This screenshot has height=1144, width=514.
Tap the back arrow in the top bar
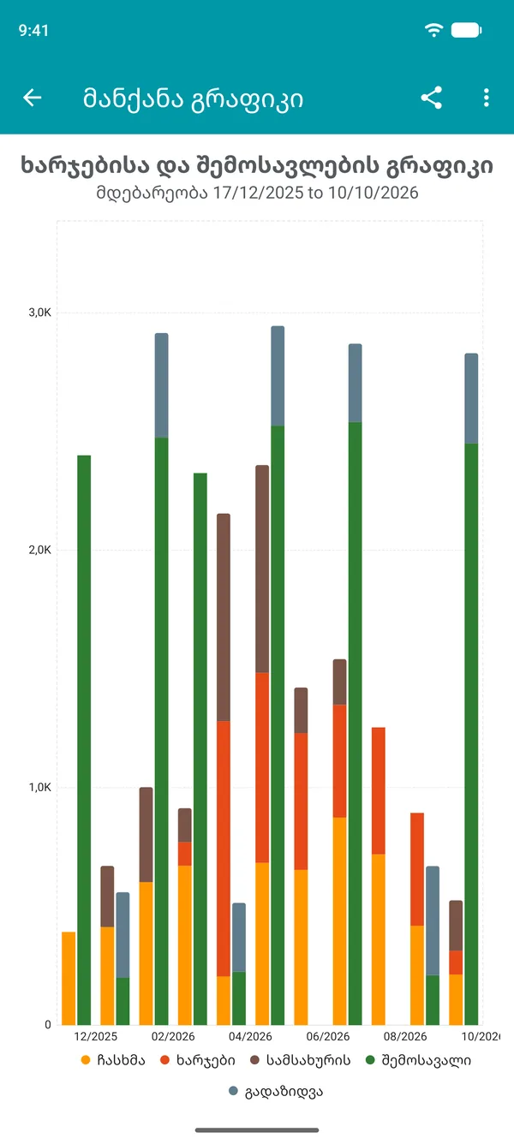(x=33, y=98)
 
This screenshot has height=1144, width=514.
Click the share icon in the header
(x=431, y=98)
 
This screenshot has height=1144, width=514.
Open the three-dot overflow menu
(x=487, y=98)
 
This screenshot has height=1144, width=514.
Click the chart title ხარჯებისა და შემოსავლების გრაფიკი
(x=257, y=166)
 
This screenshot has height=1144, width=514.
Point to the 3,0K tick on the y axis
(x=40, y=313)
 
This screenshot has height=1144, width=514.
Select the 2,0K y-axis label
(x=40, y=550)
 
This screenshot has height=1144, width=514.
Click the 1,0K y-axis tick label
(x=40, y=787)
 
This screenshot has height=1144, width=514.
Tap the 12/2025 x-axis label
(x=96, y=1036)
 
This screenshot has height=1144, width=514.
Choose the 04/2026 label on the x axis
(x=250, y=1036)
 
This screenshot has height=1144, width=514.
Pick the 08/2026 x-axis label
(x=405, y=1036)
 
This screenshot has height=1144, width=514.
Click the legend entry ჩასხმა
(x=113, y=1060)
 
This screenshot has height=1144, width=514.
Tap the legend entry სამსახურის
(x=301, y=1060)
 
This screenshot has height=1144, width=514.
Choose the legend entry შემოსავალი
(x=418, y=1060)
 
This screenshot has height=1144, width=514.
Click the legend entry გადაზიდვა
(x=276, y=1092)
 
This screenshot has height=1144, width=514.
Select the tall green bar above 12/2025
(x=84, y=740)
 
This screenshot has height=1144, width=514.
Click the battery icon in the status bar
(x=467, y=30)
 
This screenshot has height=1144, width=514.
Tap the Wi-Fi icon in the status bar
(x=433, y=30)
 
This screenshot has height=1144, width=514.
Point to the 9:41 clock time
(x=33, y=31)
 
